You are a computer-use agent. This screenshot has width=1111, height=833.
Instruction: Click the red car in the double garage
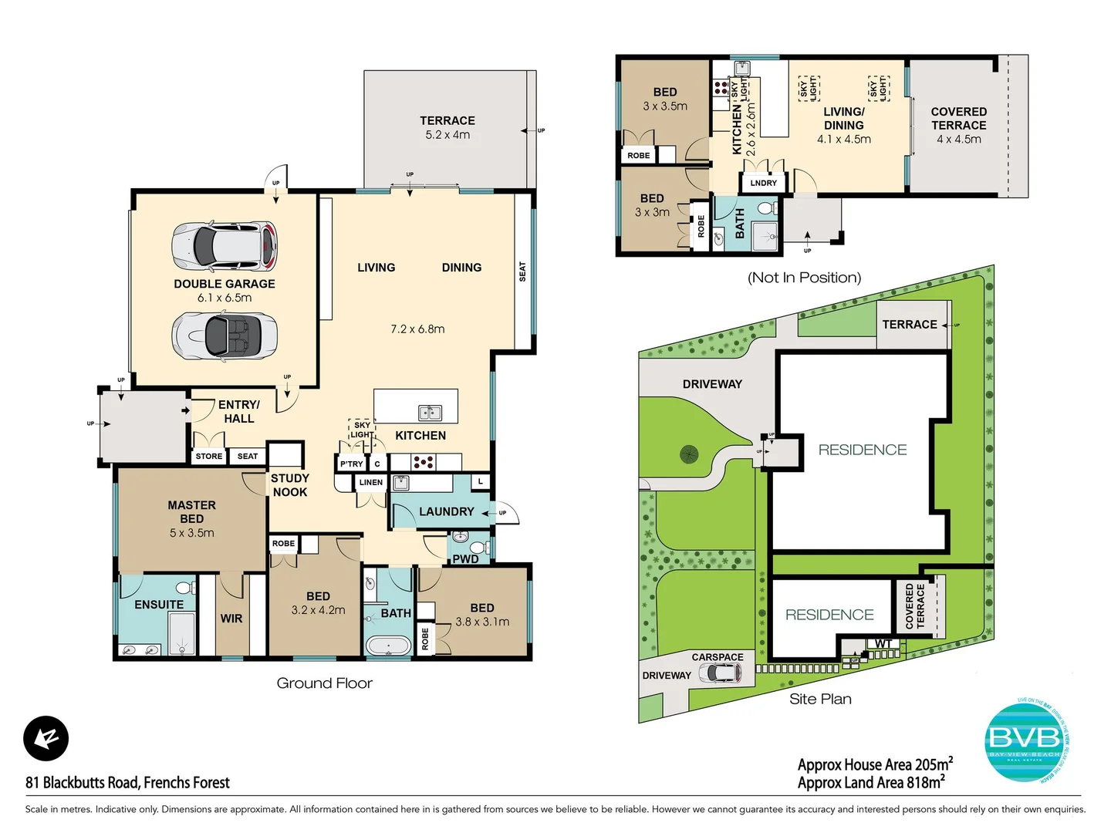tap(225, 245)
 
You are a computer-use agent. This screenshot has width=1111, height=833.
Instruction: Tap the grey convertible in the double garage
tap(225, 335)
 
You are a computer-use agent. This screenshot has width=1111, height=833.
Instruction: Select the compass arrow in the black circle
tap(46, 739)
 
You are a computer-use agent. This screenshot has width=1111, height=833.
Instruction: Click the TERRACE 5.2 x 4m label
tap(447, 127)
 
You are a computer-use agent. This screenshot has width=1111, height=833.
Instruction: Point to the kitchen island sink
tap(430, 413)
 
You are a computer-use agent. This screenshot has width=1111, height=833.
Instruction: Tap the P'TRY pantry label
tap(351, 464)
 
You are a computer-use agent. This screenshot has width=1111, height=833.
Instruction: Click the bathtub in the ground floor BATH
tap(387, 646)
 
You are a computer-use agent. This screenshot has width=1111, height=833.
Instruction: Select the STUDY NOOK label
tap(289, 485)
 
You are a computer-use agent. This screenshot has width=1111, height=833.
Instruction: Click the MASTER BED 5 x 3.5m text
tap(192, 518)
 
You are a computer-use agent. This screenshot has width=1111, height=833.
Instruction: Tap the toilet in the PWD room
tap(478, 548)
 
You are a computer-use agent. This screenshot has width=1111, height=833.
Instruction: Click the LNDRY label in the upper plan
tap(763, 183)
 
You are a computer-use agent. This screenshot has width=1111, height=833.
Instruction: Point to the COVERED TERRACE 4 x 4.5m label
tap(958, 125)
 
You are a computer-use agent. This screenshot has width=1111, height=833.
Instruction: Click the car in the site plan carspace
tap(720, 674)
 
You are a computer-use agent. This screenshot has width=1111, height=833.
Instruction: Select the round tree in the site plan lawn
tap(689, 454)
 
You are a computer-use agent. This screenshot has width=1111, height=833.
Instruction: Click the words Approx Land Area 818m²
tap(871, 783)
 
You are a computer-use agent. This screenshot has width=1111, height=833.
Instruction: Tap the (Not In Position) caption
tap(804, 278)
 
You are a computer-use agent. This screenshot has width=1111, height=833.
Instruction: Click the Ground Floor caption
tap(324, 683)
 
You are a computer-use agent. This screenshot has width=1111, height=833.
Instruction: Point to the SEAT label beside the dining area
tap(522, 271)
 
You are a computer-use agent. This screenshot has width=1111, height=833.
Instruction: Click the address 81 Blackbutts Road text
tap(127, 783)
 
